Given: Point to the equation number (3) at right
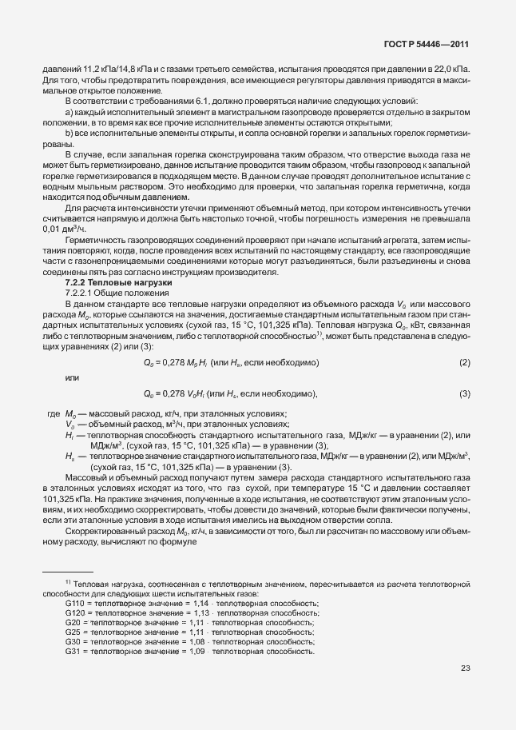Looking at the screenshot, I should click(464, 393).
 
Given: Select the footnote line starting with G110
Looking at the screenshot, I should click(192, 603).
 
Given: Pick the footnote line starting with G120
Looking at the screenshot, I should click(192, 612).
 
